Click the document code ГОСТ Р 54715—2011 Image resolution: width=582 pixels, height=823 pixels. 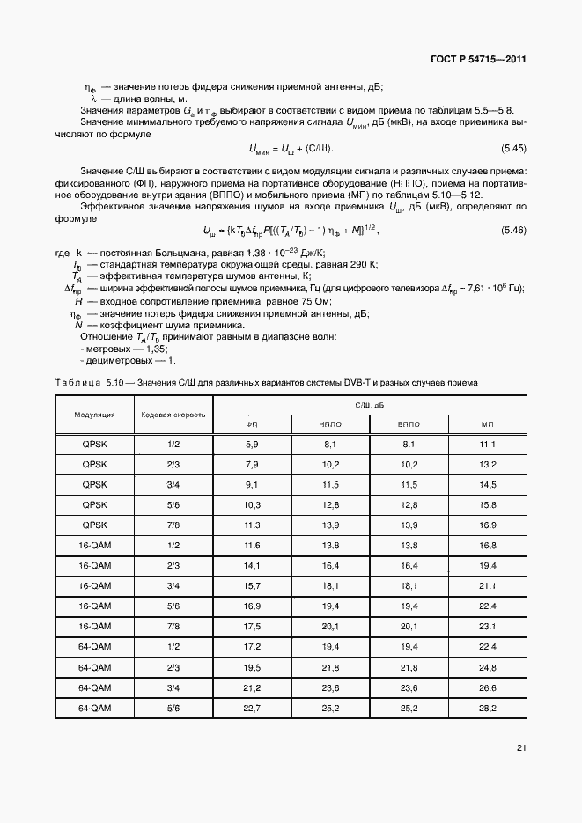[479, 60]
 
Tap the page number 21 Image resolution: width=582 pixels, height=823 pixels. [521, 748]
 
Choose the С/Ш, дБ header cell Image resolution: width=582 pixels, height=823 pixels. [369, 405]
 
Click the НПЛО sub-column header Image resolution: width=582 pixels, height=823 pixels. [332, 423]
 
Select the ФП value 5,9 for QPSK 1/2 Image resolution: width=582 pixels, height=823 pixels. [251, 444]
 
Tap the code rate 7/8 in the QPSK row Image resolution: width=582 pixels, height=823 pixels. [173, 525]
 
